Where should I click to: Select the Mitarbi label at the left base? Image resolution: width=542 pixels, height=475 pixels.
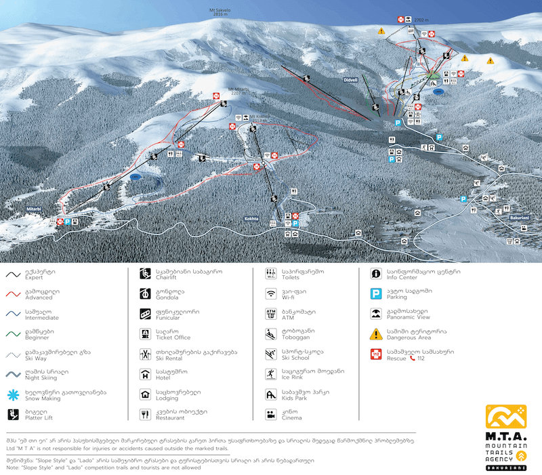34,209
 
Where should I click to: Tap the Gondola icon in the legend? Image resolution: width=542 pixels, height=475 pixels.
144,294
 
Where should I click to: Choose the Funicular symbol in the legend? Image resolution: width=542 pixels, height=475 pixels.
144,314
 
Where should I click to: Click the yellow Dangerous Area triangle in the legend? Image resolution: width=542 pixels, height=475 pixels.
375,334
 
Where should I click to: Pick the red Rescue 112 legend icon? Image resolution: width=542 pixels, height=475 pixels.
375,354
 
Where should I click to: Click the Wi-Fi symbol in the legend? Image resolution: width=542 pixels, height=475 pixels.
270,294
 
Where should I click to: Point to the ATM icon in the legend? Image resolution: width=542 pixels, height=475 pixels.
270,314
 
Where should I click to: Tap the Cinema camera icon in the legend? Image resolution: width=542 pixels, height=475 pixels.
270,414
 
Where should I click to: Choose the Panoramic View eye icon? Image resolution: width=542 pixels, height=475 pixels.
375,314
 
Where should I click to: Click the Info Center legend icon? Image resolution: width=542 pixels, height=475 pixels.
375,274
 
